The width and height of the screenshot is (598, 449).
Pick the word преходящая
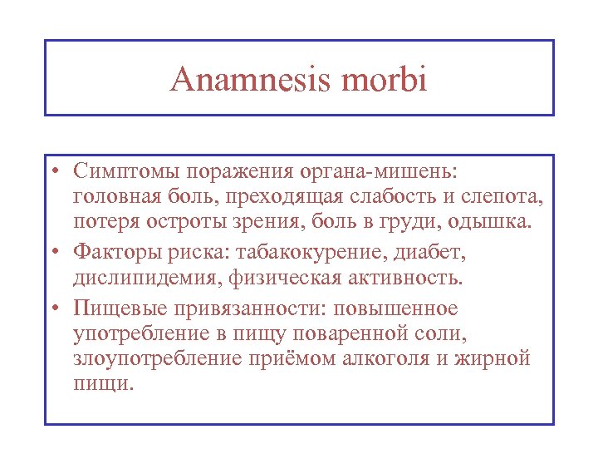pyautogui.click(x=302, y=198)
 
